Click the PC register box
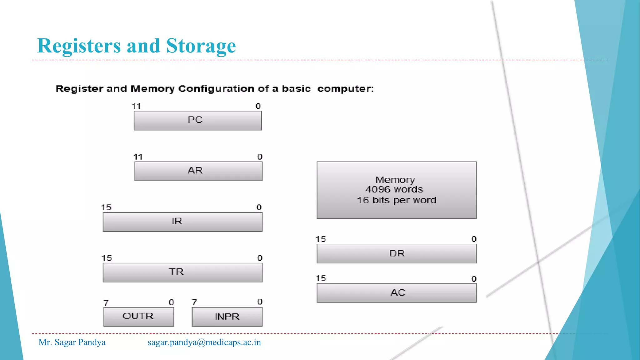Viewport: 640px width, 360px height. tap(197, 121)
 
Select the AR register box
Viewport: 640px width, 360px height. tap(198, 171)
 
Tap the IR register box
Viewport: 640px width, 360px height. tap(182, 222)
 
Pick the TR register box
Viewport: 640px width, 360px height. tap(182, 272)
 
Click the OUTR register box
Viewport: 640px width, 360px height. tap(139, 317)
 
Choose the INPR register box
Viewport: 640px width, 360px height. tap(227, 317)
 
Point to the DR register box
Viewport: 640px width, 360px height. tap(397, 253)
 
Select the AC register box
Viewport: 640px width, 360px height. tap(397, 293)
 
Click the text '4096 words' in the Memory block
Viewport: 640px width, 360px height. tap(394, 189)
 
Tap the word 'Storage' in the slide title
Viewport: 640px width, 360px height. tap(201, 46)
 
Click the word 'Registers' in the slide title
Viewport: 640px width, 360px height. tap(79, 46)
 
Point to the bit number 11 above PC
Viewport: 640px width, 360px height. tap(136, 106)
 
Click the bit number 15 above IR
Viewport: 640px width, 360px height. tap(106, 207)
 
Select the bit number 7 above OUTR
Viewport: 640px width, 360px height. tap(106, 303)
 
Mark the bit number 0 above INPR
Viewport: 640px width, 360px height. tap(260, 302)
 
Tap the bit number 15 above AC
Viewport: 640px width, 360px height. tap(321, 278)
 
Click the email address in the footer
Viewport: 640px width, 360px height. tap(204, 342)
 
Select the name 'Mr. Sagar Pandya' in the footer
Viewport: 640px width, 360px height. tap(72, 342)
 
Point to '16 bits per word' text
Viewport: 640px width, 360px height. tap(397, 200)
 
